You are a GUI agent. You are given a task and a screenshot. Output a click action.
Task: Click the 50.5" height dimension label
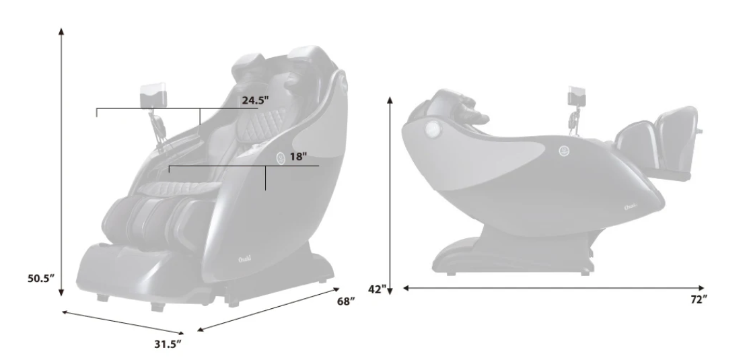pos(41,279)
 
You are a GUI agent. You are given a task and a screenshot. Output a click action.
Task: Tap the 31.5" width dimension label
pos(168,344)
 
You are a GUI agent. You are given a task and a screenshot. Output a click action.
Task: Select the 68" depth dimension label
pos(347,301)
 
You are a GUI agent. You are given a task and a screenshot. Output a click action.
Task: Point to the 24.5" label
pos(255,100)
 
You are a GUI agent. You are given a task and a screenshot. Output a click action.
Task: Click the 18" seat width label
pos(298,157)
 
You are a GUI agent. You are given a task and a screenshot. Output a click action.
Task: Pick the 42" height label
pos(378,289)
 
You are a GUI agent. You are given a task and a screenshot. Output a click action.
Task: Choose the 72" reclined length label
pos(699,299)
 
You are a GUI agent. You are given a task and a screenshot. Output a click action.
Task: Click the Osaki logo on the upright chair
pos(245,259)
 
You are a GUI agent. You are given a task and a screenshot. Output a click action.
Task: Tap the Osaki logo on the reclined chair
pos(631,207)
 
